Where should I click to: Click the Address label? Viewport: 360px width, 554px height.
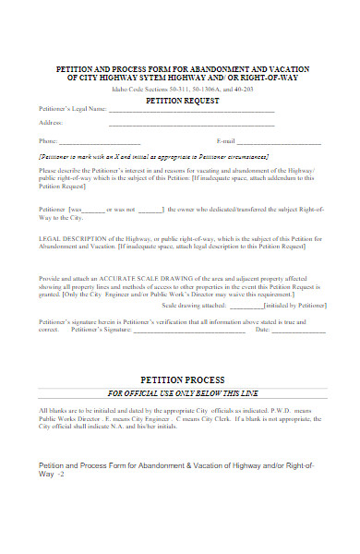pos(51,123)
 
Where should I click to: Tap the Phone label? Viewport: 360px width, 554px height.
pos(48,141)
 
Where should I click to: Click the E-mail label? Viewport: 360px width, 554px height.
pos(226,141)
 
